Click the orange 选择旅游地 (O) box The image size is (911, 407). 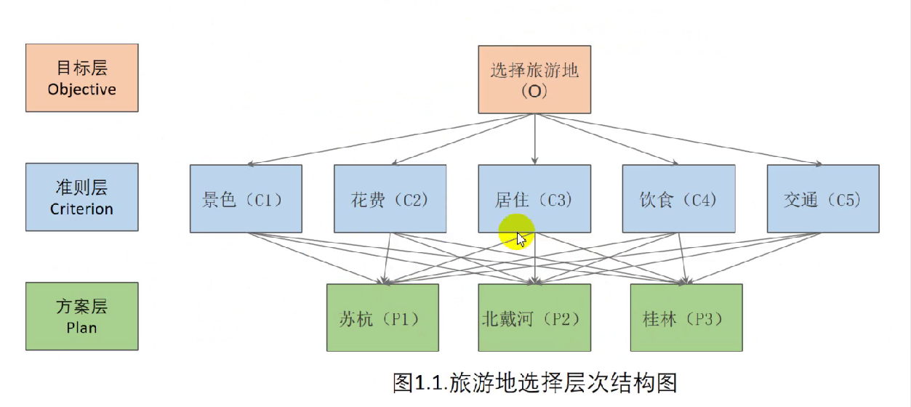click(534, 80)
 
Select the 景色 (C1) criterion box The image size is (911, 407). click(246, 198)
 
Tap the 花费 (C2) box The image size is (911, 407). click(390, 198)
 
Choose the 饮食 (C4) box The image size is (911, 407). click(678, 198)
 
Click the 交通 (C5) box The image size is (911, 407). click(823, 198)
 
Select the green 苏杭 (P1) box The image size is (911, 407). click(382, 318)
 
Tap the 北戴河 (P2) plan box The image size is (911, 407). click(534, 318)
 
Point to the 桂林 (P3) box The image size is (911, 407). click(686, 318)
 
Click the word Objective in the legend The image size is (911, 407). click(81, 90)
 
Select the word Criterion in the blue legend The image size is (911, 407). click(81, 209)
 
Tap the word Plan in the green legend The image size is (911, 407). click(81, 328)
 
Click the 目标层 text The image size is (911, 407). click(81, 68)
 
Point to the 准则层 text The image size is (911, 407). click(81, 188)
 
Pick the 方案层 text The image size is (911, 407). click(81, 306)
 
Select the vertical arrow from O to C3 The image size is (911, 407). click(535, 138)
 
